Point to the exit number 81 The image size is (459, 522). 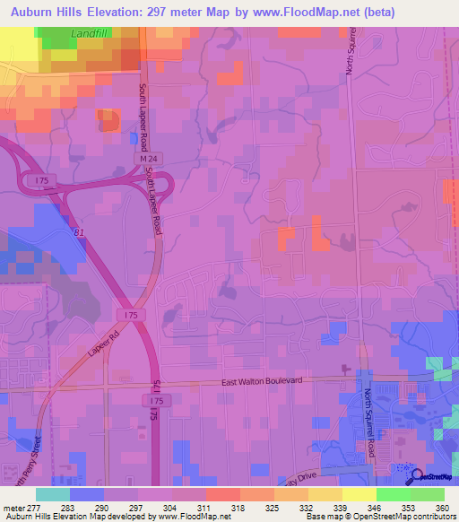click(x=80, y=233)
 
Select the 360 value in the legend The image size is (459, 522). click(x=441, y=509)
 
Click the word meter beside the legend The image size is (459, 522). click(x=13, y=509)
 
